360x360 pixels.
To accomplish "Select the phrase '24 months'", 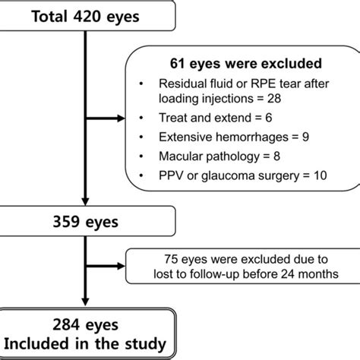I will pyautogui.click(x=312, y=273).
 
